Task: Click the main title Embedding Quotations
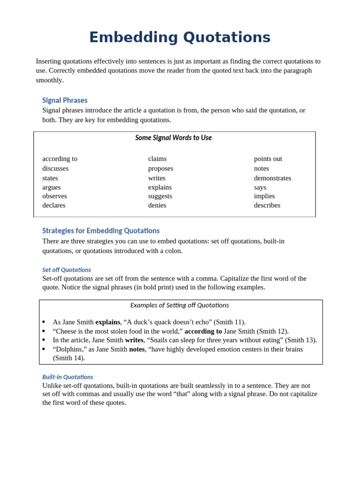[x=180, y=37]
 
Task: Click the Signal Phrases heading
[x=65, y=100]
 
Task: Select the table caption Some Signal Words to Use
[x=173, y=138]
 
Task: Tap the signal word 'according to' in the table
[x=60, y=159]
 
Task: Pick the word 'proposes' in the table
[x=160, y=168]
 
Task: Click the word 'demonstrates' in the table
[x=272, y=178]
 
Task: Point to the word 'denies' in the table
[x=157, y=205]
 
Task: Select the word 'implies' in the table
[x=264, y=196]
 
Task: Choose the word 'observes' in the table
[x=54, y=196]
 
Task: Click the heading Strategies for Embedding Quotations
[x=101, y=231]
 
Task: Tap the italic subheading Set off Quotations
[x=67, y=270]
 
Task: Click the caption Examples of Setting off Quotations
[x=180, y=305]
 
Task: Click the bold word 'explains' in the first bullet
[x=107, y=322]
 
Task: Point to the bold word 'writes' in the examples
[x=134, y=340]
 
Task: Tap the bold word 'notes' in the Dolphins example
[x=137, y=349]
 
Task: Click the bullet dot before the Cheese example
[x=44, y=331]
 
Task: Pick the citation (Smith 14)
[x=68, y=358]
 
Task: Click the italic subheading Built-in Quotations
[x=67, y=377]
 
